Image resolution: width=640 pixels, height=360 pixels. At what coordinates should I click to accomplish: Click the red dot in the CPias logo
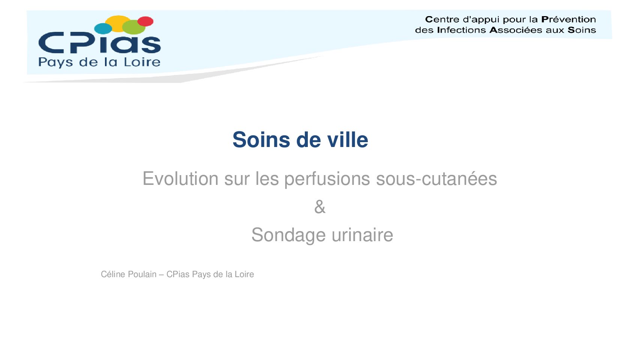tap(145, 21)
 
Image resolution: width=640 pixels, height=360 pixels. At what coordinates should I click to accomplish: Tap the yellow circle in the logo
tap(118, 23)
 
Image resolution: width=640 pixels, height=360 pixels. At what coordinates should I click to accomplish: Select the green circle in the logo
tap(133, 27)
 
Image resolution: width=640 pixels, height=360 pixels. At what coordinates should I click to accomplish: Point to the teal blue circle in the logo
tap(103, 28)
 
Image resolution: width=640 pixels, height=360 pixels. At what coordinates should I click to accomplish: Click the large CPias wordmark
tap(99, 43)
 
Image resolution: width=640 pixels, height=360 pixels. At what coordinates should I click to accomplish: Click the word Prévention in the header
tap(568, 19)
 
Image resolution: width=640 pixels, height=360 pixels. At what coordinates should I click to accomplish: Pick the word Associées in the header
tap(516, 30)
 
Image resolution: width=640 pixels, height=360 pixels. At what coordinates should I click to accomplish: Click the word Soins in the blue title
tap(261, 140)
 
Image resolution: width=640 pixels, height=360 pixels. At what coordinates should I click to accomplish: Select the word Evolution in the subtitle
tap(180, 178)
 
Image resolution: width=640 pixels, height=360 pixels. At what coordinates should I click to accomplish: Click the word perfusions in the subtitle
tap(327, 179)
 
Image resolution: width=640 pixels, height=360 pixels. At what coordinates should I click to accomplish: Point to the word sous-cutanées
tap(436, 178)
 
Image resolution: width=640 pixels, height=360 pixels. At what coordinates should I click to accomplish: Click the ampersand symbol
tap(320, 207)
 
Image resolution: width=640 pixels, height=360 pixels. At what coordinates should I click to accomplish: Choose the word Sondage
tap(288, 235)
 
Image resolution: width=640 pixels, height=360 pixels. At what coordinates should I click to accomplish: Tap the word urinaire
tap(362, 235)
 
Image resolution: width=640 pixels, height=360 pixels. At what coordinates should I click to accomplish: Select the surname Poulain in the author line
tap(142, 274)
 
